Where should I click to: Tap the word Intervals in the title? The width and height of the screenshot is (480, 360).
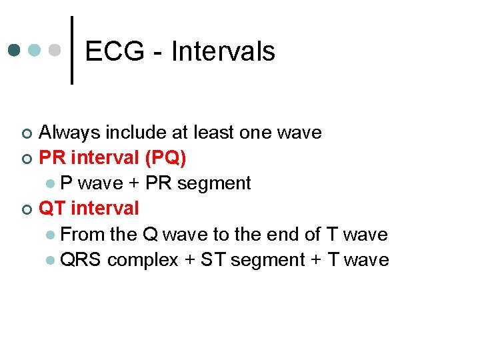coord(223,51)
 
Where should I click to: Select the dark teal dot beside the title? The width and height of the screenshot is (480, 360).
coord(15,50)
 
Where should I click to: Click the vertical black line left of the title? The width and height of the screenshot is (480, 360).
coord(72,50)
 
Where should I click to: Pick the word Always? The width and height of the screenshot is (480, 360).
coord(71,133)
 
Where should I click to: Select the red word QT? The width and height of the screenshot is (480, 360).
coord(53,209)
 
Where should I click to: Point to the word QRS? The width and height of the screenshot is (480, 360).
coord(81,259)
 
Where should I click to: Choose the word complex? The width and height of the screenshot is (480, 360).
coord(143,260)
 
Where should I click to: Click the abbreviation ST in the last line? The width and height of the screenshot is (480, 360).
coord(213,259)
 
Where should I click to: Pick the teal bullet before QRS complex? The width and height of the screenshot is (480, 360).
coord(51,260)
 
